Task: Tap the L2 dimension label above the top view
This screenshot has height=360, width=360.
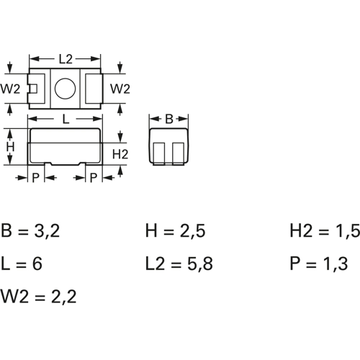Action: (66, 59)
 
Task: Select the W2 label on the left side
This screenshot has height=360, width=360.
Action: (10, 89)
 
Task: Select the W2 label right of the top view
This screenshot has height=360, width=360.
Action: (120, 89)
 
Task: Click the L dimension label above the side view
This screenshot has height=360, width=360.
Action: (66, 119)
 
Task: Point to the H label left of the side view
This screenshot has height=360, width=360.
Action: (10, 147)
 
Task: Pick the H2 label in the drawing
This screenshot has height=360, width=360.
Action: (120, 154)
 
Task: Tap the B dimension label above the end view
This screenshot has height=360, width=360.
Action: (169, 119)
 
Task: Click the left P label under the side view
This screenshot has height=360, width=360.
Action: (35, 178)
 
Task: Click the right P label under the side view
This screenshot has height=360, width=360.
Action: (94, 178)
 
